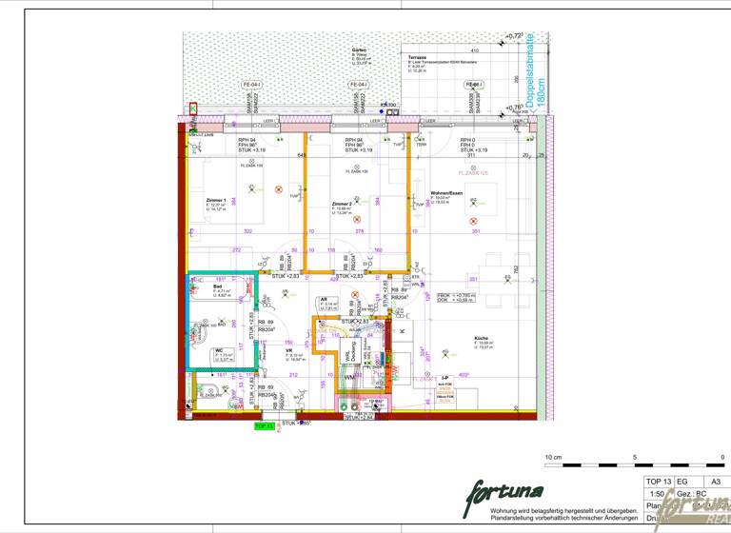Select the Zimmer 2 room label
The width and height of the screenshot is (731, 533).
[x=342, y=205]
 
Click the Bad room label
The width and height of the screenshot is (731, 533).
[x=217, y=286]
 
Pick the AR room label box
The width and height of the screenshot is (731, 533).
[x=325, y=300]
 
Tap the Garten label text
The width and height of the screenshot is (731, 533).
[x=359, y=49]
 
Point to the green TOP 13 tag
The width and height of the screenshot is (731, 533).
[x=264, y=425]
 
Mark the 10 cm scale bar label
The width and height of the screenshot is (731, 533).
[x=553, y=458]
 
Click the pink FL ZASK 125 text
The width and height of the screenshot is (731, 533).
[x=473, y=173]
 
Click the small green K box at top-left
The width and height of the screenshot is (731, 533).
[x=194, y=109]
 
